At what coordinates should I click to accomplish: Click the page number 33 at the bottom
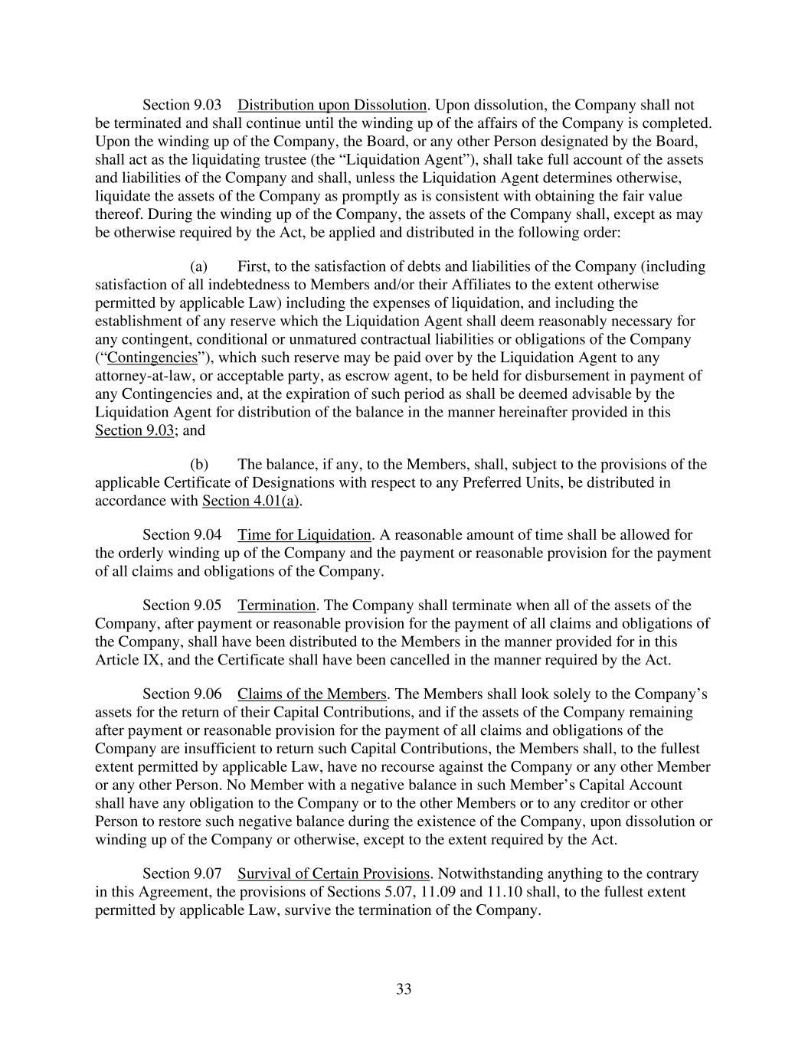point(404,989)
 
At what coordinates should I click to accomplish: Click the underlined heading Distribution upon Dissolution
point(332,105)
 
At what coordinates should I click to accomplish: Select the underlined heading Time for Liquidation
point(304,534)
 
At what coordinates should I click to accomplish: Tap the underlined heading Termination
point(276,605)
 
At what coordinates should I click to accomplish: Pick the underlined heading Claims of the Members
point(312,694)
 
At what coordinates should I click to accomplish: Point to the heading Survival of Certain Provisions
point(333,874)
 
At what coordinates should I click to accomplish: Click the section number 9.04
point(208,534)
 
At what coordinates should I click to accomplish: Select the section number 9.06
point(208,694)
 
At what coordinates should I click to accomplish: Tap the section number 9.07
point(208,874)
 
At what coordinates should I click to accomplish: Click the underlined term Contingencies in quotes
point(152,358)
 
